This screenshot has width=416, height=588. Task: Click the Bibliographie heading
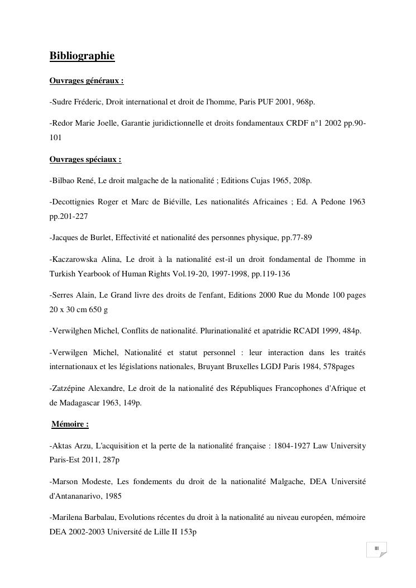[82, 56]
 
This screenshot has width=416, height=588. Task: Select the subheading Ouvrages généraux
[87, 81]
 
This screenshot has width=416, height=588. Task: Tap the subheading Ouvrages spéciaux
[85, 160]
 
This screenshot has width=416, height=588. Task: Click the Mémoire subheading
[70, 424]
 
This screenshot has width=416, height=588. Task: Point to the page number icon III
[377, 549]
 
